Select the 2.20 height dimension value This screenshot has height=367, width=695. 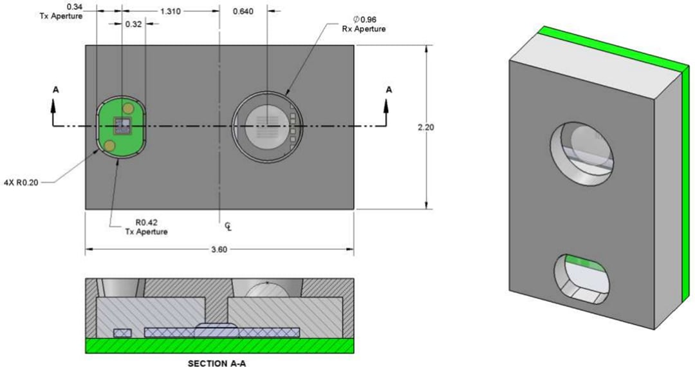click(425, 127)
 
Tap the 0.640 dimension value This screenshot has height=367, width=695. click(243, 12)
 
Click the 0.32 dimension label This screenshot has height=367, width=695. click(134, 24)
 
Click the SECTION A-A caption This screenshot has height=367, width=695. click(217, 362)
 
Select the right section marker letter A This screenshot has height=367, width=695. click(388, 90)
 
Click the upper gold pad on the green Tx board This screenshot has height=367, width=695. click(128, 107)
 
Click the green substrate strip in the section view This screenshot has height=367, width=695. click(219, 346)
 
